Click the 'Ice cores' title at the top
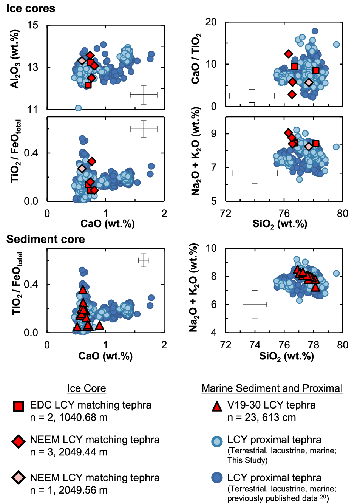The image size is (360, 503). [x=31, y=8]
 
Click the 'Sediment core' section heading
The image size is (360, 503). [x=45, y=239]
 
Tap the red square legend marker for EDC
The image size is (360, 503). [x=19, y=406]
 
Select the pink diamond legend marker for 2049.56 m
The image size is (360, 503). [x=19, y=478]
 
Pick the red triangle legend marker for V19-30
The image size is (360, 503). [x=217, y=406]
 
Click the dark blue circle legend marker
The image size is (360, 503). [x=217, y=478]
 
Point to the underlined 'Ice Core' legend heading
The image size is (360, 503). [x=87, y=388]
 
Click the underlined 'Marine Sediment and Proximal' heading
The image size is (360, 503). [x=272, y=388]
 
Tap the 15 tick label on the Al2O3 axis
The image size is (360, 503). [x=33, y=25]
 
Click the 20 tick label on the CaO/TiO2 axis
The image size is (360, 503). [x=211, y=22]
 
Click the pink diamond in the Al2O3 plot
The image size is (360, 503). [x=82, y=61]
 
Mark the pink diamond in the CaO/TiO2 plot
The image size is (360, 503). [x=309, y=82]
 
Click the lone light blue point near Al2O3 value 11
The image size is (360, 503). [x=78, y=108]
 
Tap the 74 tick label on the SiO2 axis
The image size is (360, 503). [x=255, y=345]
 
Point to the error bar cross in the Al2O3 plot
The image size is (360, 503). [x=144, y=94]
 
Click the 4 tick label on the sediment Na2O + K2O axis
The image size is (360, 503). [x=214, y=333]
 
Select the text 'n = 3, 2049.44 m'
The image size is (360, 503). [x=68, y=452]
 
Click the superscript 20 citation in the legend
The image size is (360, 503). [x=323, y=497]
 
